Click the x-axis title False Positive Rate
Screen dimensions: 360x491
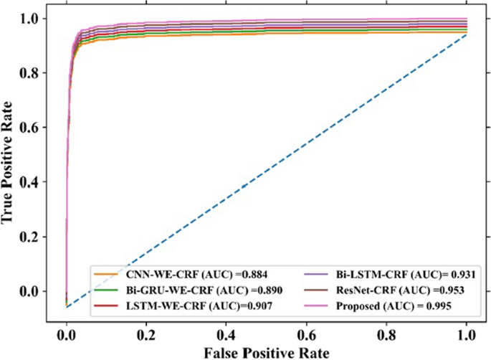(267, 351)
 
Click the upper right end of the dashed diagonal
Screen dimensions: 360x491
(467, 34)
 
